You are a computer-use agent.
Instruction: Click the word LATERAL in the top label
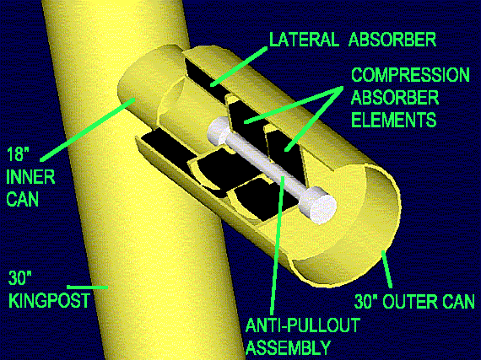pyautogui.click(x=305, y=40)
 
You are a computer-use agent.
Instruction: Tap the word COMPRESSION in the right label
pyautogui.click(x=410, y=75)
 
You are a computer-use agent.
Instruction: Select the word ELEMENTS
pyautogui.click(x=393, y=120)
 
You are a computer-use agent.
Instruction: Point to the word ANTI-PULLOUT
pyautogui.click(x=303, y=325)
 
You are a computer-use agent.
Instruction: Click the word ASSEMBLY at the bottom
pyautogui.click(x=289, y=347)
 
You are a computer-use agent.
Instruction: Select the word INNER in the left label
pyautogui.click(x=30, y=177)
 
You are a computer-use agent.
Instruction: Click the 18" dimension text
pyautogui.click(x=15, y=153)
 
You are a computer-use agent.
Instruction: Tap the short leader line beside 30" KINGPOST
pyautogui.click(x=88, y=287)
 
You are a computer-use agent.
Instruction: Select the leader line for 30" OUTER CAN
pyautogui.click(x=386, y=270)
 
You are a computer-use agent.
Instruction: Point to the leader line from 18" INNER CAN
pyautogui.click(x=88, y=129)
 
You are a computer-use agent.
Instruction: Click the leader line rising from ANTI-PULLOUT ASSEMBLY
pyautogui.click(x=278, y=247)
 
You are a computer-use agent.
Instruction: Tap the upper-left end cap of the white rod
pyautogui.click(x=218, y=132)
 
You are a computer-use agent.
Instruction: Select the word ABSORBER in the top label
pyautogui.click(x=392, y=40)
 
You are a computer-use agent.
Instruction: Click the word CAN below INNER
pyautogui.click(x=23, y=199)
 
